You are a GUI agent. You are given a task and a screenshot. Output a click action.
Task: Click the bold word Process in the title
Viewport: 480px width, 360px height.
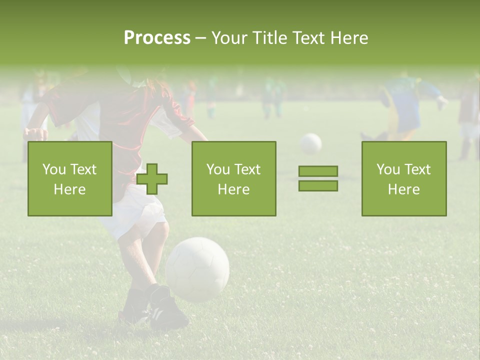click(157, 37)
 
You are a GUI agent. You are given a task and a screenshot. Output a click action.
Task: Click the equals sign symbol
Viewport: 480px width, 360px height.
click(318, 178)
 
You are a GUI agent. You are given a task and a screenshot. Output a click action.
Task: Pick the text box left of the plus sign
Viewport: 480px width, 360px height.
click(70, 178)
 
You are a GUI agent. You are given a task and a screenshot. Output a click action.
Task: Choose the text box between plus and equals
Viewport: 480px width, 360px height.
click(233, 178)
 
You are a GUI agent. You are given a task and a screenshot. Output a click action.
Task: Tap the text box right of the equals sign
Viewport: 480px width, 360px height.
click(403, 178)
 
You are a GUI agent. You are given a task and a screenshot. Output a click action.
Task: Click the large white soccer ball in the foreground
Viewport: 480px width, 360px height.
click(197, 269)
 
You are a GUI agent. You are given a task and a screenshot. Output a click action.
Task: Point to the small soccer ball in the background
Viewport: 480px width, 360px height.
click(310, 143)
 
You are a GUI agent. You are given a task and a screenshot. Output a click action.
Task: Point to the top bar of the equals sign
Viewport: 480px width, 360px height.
click(318, 171)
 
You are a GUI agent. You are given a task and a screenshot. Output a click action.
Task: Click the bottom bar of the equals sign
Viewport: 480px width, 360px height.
click(318, 185)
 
